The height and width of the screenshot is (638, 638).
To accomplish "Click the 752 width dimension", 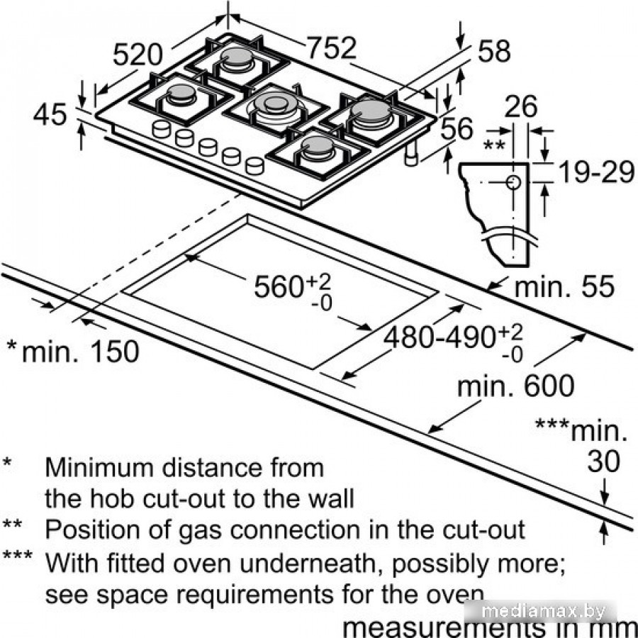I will (x=331, y=48).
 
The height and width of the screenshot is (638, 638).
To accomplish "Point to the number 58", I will (x=494, y=51).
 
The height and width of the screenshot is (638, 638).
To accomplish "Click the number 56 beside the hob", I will (x=456, y=130).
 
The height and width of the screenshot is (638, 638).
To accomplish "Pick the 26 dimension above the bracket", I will (x=520, y=108).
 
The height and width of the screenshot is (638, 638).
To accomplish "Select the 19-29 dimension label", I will (x=593, y=172).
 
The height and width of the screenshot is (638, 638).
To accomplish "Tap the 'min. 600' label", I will (x=515, y=386).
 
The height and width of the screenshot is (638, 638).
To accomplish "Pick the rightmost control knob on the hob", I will (x=254, y=166).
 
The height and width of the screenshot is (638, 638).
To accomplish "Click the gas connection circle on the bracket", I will (x=513, y=182).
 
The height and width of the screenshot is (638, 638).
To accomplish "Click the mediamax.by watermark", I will (x=581, y=610).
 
